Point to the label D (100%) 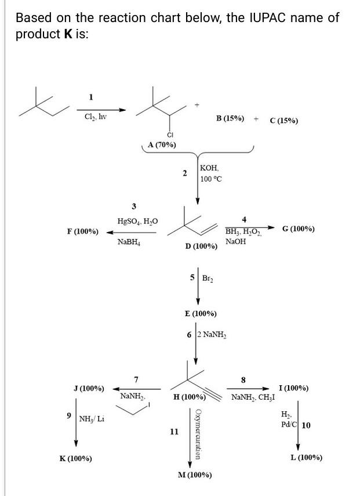pos(201,247)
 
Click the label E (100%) pos(200,313)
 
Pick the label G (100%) pos(299,229)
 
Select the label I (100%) pos(293,388)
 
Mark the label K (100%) pos(75,458)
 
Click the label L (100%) pos(306,457)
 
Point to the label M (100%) pos(195,475)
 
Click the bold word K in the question pos(68,34)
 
